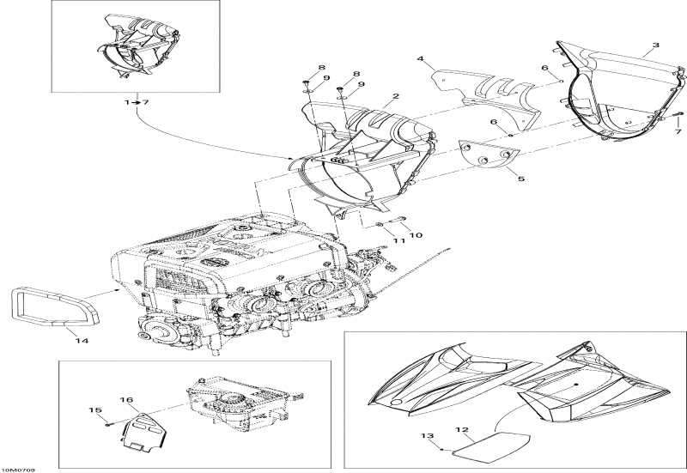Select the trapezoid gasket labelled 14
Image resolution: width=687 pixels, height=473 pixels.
[51, 308]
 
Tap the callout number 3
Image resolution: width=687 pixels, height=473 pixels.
[656, 45]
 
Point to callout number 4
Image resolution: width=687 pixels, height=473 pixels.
[421, 59]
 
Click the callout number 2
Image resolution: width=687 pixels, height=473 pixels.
[395, 97]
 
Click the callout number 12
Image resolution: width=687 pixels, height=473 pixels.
[461, 429]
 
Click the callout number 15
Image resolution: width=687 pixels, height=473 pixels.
[94, 410]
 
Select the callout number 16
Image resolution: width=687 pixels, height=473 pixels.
[125, 400]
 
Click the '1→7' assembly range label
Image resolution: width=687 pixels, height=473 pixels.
[136, 102]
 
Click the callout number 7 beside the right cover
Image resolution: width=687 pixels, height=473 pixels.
[677, 132]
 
